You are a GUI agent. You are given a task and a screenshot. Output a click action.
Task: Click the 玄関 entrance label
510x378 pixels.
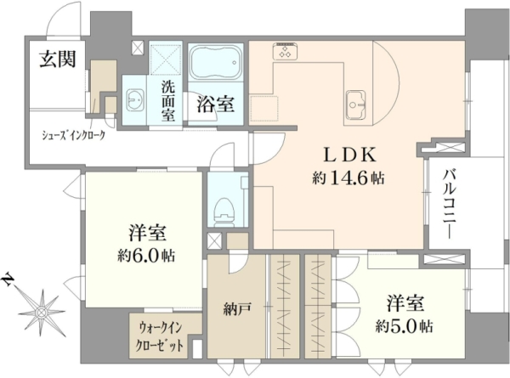click(58, 59)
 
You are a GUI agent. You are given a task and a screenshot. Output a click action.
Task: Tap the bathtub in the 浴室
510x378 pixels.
click(216, 62)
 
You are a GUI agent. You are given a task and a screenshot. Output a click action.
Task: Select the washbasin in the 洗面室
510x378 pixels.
click(133, 99)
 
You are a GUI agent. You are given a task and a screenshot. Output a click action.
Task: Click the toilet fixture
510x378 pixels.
click(224, 212)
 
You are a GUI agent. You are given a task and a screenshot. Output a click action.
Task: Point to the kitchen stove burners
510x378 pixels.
click(285, 51)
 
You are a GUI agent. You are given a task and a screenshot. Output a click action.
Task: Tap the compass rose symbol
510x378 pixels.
click(42, 313)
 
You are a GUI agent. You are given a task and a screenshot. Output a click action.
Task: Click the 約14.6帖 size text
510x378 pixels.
click(348, 178)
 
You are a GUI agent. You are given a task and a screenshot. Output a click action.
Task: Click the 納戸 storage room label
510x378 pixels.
click(237, 310)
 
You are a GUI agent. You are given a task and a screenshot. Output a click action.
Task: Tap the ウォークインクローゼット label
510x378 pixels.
click(161, 336)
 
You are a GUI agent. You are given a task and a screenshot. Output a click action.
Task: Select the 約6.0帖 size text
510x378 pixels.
click(146, 256)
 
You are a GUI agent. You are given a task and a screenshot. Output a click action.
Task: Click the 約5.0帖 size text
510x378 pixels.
click(404, 325)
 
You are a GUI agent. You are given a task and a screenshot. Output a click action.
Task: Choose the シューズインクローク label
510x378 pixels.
click(74, 135)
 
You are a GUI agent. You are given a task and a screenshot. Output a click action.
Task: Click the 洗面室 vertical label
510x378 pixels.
click(168, 101)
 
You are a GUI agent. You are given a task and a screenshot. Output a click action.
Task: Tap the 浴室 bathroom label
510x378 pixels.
click(216, 104)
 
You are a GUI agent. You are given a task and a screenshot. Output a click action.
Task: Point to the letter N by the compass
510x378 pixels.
click(8, 279)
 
